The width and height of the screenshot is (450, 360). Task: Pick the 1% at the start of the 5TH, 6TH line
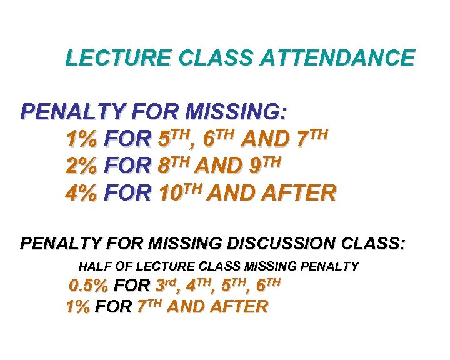coord(82,138)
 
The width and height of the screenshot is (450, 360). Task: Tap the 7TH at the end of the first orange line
coord(311,137)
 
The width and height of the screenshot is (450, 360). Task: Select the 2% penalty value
coord(82,166)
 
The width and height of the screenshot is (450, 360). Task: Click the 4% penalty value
coord(82,193)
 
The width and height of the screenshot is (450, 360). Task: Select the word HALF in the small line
coord(93,266)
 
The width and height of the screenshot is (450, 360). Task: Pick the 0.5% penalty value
coord(90,287)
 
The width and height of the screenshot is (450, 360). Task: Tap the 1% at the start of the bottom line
coord(77,307)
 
